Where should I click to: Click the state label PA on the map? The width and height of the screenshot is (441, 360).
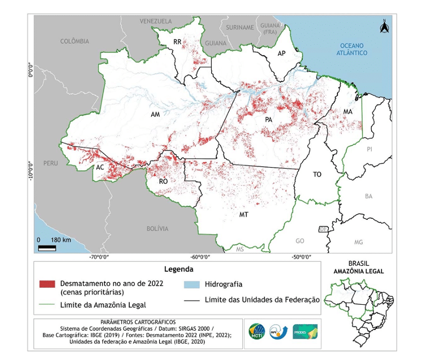pyautogui.click(x=269, y=119)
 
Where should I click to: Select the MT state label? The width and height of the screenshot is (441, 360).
pyautogui.click(x=243, y=215)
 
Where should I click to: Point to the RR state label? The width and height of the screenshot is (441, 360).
pyautogui.click(x=177, y=42)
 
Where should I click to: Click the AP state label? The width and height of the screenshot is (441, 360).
pyautogui.click(x=282, y=53)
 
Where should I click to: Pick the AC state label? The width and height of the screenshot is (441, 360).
pyautogui.click(x=100, y=167)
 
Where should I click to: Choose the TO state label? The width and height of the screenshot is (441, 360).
pyautogui.click(x=317, y=174)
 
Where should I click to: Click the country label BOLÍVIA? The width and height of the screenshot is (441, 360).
pyautogui.click(x=158, y=228)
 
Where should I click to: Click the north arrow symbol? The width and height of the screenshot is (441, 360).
pyautogui.click(x=384, y=27)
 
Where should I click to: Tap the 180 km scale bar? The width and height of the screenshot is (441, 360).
pyautogui.click(x=49, y=247)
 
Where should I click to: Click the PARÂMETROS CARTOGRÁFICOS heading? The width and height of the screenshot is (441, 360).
pyautogui.click(x=138, y=322)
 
